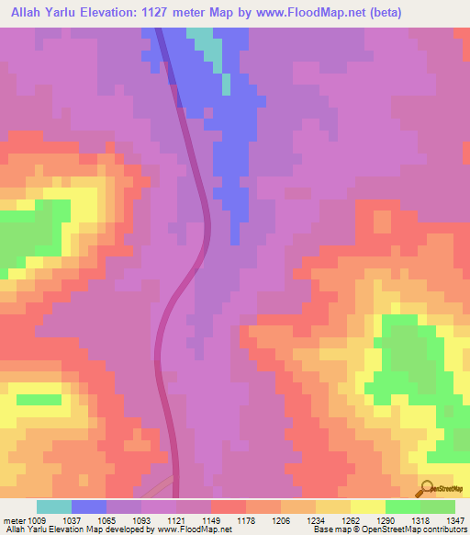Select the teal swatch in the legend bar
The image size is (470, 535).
point(53,507)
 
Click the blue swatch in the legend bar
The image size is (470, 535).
point(88,507)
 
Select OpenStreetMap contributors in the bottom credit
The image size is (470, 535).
point(423,529)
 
